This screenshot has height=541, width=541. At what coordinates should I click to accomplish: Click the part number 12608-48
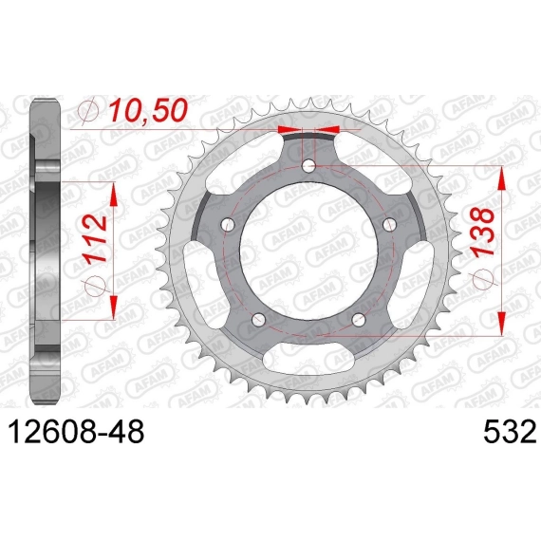(76, 432)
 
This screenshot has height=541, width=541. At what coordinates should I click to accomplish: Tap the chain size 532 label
(510, 432)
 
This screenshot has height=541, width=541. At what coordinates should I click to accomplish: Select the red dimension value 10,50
(148, 110)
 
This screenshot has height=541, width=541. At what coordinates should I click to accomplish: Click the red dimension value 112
(95, 239)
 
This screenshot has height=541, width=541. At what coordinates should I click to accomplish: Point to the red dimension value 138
(483, 233)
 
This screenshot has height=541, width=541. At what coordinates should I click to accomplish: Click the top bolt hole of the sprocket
(308, 166)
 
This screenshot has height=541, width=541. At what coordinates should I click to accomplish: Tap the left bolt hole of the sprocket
(228, 225)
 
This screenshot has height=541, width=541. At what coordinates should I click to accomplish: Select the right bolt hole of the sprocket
(390, 225)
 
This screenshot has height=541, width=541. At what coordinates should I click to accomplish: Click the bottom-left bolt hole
(258, 320)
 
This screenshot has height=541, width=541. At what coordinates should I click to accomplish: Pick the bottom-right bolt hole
(359, 320)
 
